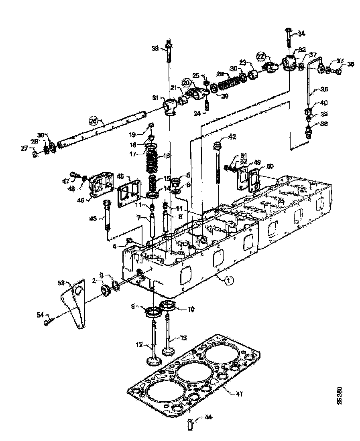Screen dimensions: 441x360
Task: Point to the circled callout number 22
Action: coord(261,56)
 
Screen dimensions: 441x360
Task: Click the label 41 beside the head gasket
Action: coord(239,394)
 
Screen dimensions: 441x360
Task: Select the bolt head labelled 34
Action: coord(289,30)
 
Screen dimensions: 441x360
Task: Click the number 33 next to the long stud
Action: coord(155,49)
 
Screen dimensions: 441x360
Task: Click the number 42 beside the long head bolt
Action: coord(232,136)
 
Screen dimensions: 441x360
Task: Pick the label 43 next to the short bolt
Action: coord(93,218)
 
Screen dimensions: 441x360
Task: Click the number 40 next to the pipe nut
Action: coord(323,102)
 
